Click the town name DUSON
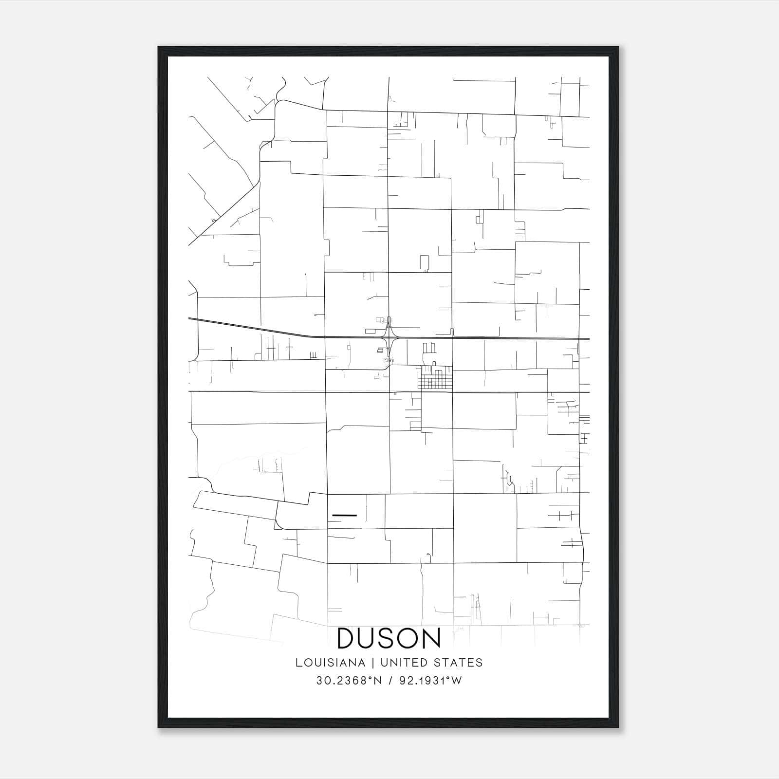pyautogui.click(x=389, y=639)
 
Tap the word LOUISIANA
pyautogui.click(x=330, y=663)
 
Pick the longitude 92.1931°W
pyautogui.click(x=430, y=681)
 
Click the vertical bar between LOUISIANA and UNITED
pyautogui.click(x=372, y=663)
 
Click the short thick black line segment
pyautogui.click(x=344, y=515)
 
